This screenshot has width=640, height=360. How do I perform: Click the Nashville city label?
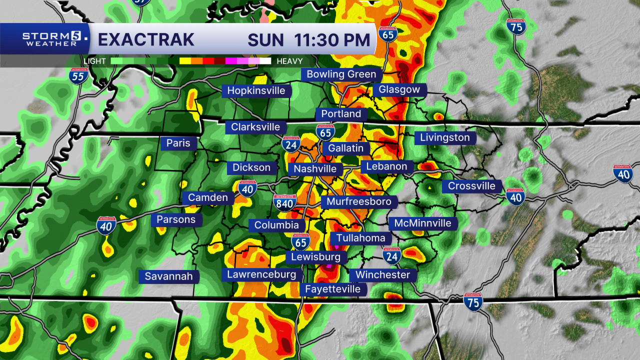tap(315, 169)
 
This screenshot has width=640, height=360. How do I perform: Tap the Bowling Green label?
tap(341, 74)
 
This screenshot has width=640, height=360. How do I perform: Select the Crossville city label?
tap(471, 186)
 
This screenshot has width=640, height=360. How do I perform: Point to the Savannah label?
tap(168, 276)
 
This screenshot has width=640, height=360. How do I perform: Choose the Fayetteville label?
tap(332, 289)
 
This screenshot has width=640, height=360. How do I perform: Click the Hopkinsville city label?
tap(256, 90)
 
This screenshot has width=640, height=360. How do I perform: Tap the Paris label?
tap(178, 143)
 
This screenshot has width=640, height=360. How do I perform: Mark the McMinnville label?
tap(422, 223)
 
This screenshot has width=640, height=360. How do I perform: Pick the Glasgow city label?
tap(399, 90)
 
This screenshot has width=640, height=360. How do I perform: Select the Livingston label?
tap(445, 138)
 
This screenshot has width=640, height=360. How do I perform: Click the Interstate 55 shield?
tap(78, 75)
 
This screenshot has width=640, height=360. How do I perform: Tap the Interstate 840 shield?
tap(284, 202)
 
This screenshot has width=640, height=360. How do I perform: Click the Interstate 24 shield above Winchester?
tap(391, 255)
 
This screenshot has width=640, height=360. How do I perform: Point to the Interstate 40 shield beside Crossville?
tap(515, 196)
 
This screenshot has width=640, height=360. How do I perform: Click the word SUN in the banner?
tap(265, 39)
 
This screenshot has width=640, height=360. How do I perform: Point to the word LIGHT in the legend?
tap(94, 61)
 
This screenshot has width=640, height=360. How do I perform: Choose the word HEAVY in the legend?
tap(289, 61)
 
